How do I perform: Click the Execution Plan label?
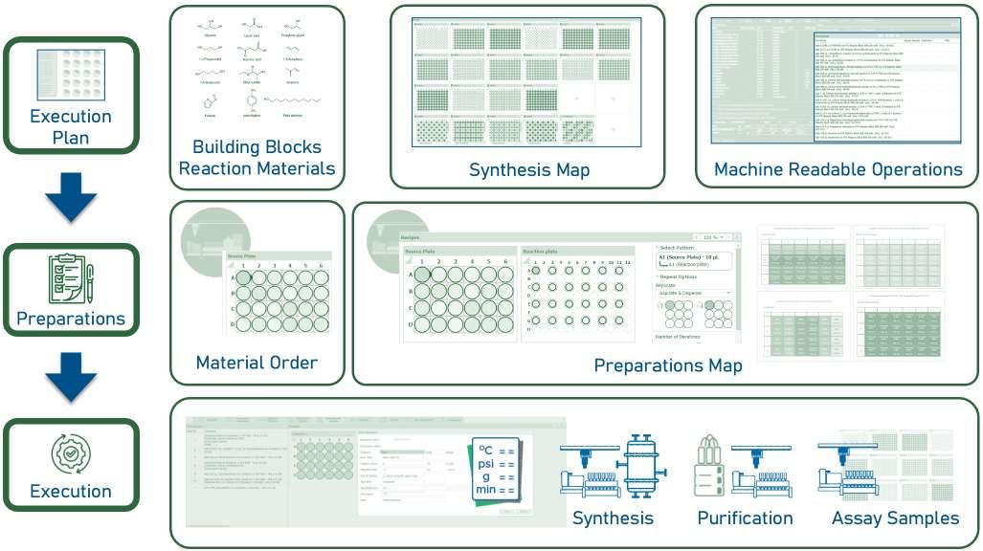coord(71,126)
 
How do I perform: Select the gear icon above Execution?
coord(71,453)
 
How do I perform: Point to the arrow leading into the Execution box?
coord(71,375)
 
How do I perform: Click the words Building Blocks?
coord(257,147)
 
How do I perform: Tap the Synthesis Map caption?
coord(528,170)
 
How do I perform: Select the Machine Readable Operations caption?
coord(838,170)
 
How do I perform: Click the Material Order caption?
coord(257,363)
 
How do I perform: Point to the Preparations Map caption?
coord(667,365)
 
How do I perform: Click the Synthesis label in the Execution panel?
coord(613,518)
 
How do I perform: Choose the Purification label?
coord(745,518)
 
